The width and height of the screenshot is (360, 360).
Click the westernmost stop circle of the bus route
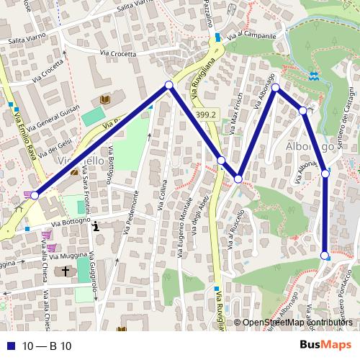click(x=35, y=195)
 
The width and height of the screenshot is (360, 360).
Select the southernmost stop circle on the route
click(x=325, y=256)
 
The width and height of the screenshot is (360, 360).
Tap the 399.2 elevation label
click(x=206, y=114)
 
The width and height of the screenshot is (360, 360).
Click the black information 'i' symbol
click(x=96, y=226)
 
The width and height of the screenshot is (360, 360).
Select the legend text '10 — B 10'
click(x=46, y=346)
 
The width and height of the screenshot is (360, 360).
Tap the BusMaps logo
click(x=325, y=345)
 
